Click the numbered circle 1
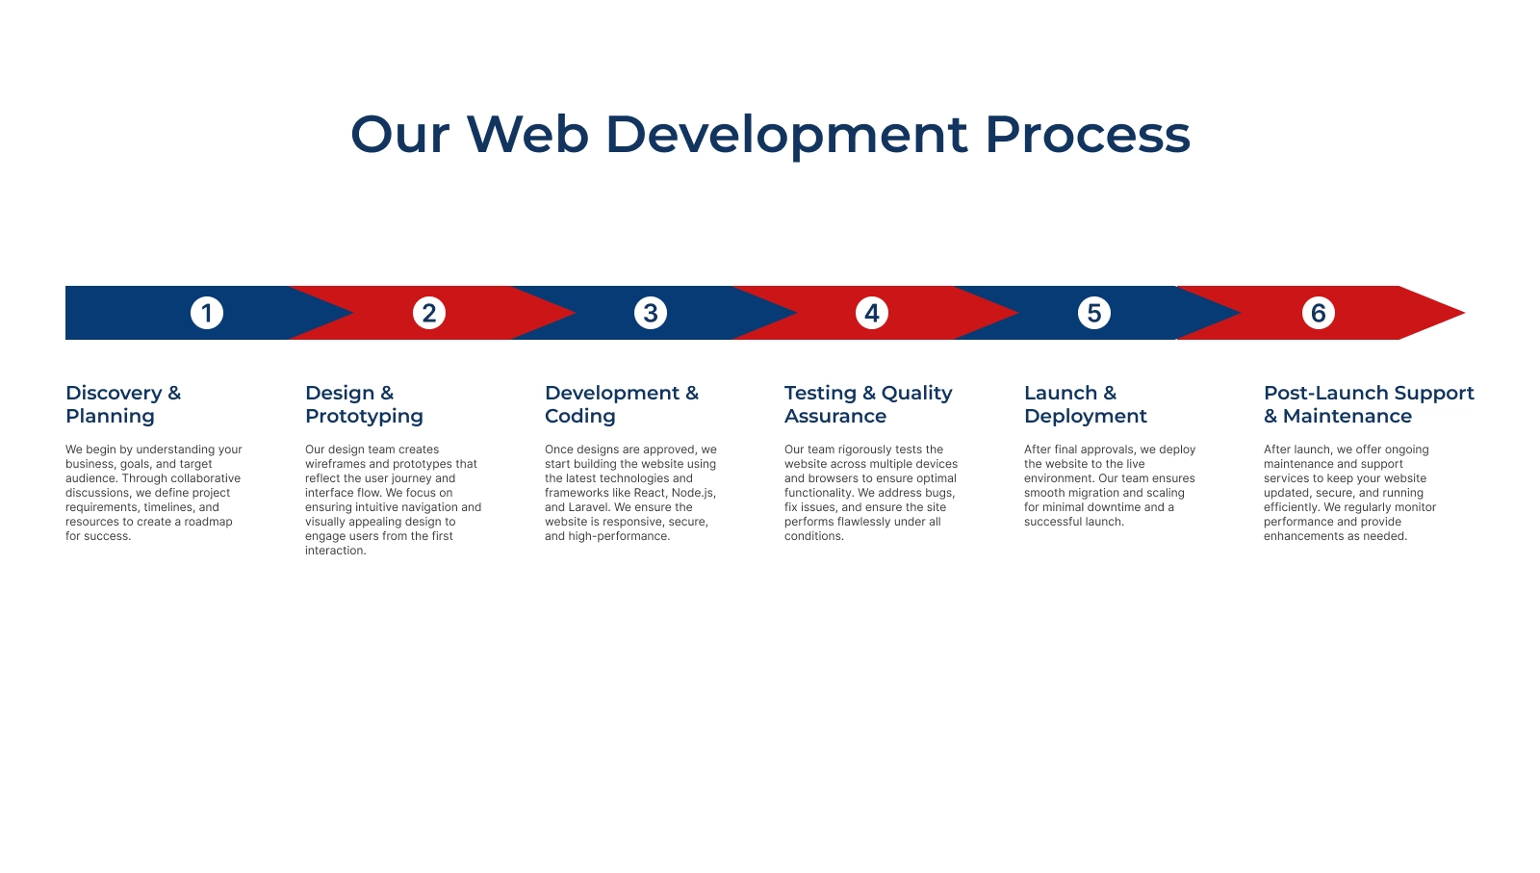pos(206,313)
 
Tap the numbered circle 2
pos(429,313)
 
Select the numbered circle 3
pos(651,313)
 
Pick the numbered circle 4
pos(872,313)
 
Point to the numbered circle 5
pos(1093,313)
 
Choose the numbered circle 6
pos(1318,313)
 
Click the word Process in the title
pos(1087,134)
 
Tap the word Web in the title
pos(527,134)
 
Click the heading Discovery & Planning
pos(123,404)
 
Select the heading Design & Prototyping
pos(364,404)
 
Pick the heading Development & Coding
pos(622,404)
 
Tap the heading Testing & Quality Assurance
pos(868,404)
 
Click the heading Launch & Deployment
pos(1086,404)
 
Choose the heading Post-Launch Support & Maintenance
pos(1369,404)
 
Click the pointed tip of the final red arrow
pos(1464,313)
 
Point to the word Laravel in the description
pos(588,507)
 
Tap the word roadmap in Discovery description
pos(208,522)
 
